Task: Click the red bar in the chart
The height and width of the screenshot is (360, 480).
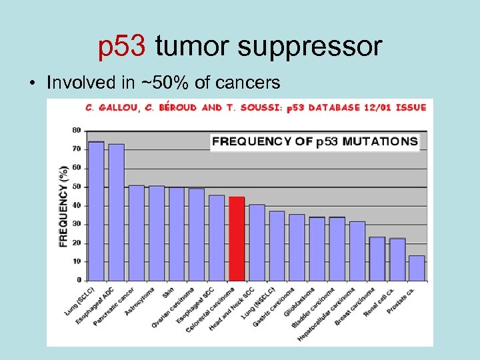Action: point(237,238)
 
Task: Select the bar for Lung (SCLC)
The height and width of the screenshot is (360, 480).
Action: point(96,211)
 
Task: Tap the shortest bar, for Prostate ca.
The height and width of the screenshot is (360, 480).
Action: point(417,267)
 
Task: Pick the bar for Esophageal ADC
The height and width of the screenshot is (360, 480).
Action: point(117,212)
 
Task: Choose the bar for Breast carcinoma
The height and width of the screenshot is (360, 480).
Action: point(357,251)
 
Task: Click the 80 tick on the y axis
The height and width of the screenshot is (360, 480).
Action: point(77,129)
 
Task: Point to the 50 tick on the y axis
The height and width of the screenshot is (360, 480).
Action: point(77,186)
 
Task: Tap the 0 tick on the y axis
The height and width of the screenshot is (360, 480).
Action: point(79,280)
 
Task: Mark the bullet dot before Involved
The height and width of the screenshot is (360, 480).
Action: point(33,84)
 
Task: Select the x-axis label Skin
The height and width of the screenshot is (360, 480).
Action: point(168,294)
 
